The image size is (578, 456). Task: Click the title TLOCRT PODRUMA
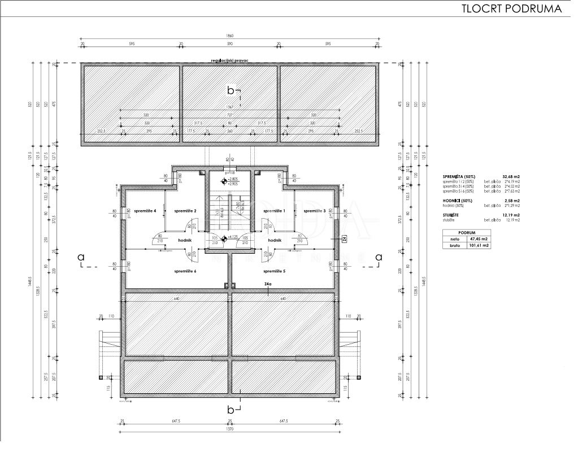(x=511, y=9)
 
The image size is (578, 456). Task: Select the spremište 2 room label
(x=185, y=211)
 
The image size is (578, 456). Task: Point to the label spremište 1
(x=274, y=211)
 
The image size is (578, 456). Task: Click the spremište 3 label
(x=314, y=211)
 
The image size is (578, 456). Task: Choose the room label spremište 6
(x=185, y=271)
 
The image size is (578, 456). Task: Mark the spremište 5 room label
(x=274, y=271)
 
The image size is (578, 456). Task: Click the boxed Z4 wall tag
(x=344, y=240)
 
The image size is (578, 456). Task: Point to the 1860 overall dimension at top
(x=229, y=36)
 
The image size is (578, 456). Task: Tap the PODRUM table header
(x=467, y=232)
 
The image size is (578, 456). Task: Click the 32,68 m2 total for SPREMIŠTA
(x=511, y=177)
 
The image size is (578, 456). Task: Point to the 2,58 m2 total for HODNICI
(x=512, y=201)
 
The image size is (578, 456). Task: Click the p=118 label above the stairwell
(x=229, y=173)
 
